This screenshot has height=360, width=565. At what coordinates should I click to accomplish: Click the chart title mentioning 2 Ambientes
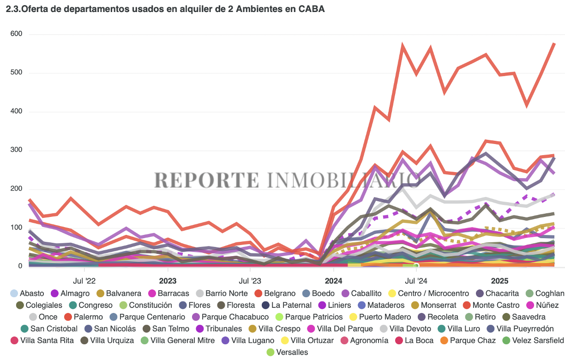(x=165, y=9)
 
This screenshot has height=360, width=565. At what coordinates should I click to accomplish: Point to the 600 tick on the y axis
(x=17, y=34)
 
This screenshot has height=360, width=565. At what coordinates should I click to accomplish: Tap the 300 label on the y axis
(x=17, y=150)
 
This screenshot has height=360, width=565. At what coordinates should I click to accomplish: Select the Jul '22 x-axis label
(x=84, y=280)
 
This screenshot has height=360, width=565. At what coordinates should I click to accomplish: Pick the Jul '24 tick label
(x=416, y=280)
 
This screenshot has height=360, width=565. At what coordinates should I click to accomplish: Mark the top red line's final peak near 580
(x=554, y=43)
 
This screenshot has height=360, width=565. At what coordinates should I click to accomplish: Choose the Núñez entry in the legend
(x=547, y=305)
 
